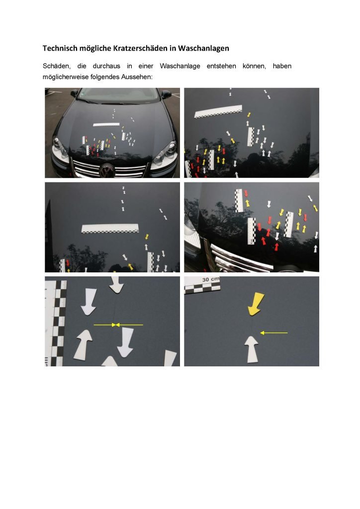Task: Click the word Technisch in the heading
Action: click(60, 48)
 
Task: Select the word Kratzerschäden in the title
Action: click(140, 48)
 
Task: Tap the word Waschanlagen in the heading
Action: click(203, 48)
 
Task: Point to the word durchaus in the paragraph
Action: click(106, 66)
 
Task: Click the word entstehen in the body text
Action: click(221, 66)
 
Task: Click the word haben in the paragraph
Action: click(282, 66)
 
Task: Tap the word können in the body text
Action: click(254, 66)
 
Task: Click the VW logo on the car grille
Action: click(107, 170)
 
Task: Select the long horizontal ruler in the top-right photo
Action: click(218, 111)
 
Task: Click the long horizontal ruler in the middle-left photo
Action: click(110, 228)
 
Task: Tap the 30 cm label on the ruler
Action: click(211, 279)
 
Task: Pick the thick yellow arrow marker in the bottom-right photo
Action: click(256, 304)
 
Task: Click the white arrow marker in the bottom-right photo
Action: click(251, 349)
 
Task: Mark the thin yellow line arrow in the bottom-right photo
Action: click(274, 333)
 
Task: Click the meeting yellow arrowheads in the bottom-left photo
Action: click(116, 325)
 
